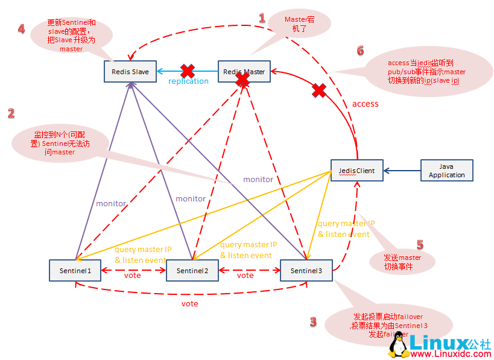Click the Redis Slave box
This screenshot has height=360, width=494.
pyautogui.click(x=130, y=72)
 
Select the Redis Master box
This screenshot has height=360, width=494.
pyautogui.click(x=244, y=72)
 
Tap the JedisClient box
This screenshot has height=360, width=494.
pyautogui.click(x=356, y=171)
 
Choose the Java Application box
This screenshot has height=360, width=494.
pyautogui.click(x=447, y=171)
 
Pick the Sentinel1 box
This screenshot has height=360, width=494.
pyautogui.click(x=75, y=271)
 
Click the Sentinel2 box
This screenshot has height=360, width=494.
pyautogui.click(x=192, y=271)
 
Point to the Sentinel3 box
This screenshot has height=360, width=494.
pyautogui.click(x=306, y=271)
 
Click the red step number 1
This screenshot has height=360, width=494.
pyautogui.click(x=262, y=18)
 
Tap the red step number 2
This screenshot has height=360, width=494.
pyautogui.click(x=10, y=113)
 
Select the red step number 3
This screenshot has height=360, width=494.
pyautogui.click(x=313, y=322)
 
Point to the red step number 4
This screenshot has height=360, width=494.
pyautogui.click(x=21, y=29)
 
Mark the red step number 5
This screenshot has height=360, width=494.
pyautogui.click(x=420, y=245)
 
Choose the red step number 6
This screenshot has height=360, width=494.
pyautogui.click(x=360, y=51)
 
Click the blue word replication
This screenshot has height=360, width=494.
pyautogui.click(x=188, y=81)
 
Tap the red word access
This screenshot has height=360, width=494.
pyautogui.click(x=365, y=104)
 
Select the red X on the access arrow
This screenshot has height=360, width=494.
pyautogui.click(x=319, y=91)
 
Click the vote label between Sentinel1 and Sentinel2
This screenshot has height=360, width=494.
pyautogui.click(x=132, y=276)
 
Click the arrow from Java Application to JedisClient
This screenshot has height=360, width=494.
pyautogui.click(x=402, y=171)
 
